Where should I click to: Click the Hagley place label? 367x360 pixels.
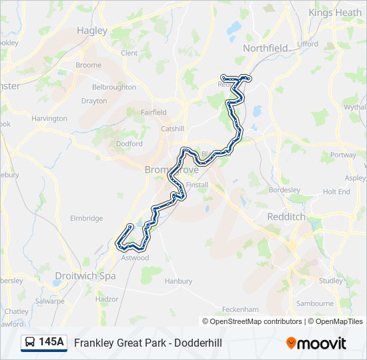91,30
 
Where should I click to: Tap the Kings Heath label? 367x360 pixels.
335,13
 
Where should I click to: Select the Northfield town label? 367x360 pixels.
265,48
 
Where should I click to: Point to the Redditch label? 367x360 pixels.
286,217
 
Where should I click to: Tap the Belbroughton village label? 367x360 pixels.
113,87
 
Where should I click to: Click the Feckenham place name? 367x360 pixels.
240,309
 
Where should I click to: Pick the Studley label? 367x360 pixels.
330,280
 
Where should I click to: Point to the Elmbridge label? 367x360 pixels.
87,218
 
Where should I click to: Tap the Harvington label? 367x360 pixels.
49,118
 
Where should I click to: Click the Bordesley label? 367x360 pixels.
285,189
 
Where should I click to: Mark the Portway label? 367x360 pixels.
343,155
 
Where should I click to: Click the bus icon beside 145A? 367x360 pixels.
30,343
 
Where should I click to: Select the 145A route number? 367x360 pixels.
51,343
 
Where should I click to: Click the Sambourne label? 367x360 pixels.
314,303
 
